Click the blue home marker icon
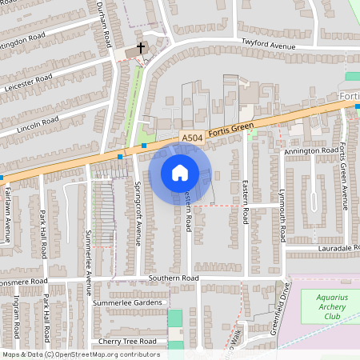pyautogui.click(x=180, y=173)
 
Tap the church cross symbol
pyautogui.click(x=142, y=48)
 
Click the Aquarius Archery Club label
pyautogui.click(x=330, y=306)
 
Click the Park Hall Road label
pyautogui.click(x=45, y=234)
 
